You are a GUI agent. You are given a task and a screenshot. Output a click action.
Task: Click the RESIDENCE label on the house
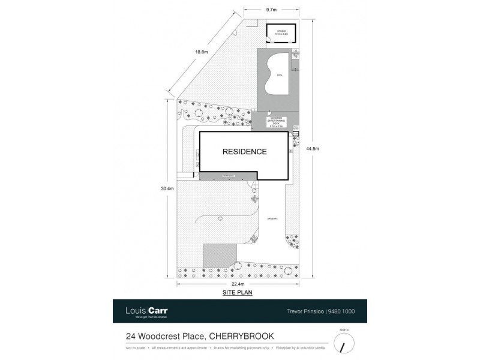coord(244,152)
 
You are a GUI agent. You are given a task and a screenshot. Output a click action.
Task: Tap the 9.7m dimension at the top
coord(271,10)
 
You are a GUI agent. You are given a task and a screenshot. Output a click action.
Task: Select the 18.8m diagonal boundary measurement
coord(202,52)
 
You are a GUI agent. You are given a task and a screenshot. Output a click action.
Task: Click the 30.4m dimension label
coord(167,189)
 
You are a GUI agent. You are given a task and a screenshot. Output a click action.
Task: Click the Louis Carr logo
coord(146,311)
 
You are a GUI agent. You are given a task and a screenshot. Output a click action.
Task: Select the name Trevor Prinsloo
coord(303,311)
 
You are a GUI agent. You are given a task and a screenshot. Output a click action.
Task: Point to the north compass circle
coord(344,343)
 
